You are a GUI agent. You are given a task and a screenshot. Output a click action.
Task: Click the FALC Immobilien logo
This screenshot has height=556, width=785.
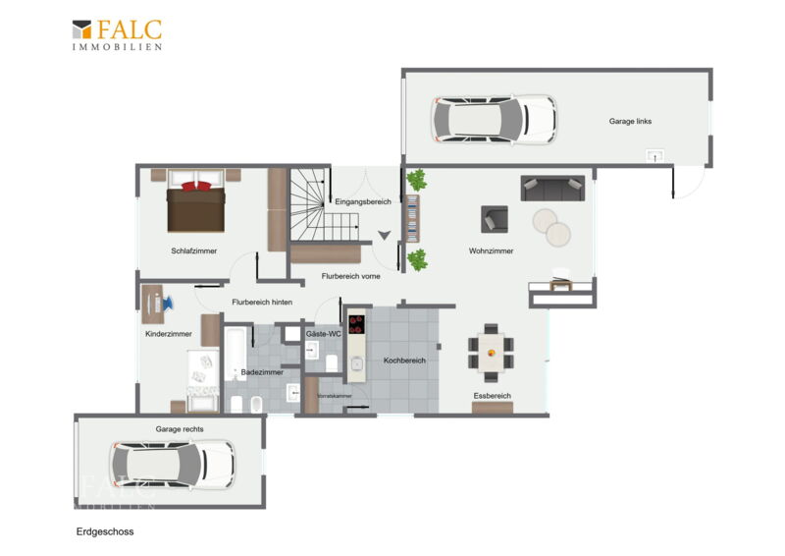[x=117, y=34]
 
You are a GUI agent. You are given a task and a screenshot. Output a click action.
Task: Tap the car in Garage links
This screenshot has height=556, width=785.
[x=494, y=119]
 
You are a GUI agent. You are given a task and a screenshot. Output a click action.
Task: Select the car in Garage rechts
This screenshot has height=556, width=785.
[x=173, y=465]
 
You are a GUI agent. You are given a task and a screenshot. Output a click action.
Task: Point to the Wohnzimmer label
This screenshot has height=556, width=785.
[x=492, y=250]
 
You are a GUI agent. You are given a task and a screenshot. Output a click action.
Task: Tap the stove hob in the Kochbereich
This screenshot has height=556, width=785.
[x=356, y=324]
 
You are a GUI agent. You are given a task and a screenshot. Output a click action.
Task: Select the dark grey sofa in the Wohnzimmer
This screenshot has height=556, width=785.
[x=552, y=188]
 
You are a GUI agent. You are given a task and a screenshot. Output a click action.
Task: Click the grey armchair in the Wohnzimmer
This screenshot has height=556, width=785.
[x=495, y=219]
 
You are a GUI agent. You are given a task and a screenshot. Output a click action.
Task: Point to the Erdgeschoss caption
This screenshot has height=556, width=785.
[x=105, y=531]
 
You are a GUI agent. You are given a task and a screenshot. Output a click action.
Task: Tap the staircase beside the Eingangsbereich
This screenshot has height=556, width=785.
[x=324, y=204]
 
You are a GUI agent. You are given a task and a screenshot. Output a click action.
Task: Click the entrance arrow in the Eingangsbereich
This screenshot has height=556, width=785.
[x=384, y=235]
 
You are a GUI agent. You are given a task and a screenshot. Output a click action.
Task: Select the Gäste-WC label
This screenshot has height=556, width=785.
[x=324, y=334]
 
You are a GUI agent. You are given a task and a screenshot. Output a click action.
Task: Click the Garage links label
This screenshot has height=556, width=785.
[x=630, y=121]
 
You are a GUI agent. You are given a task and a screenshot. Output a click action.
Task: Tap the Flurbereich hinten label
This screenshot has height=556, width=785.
[x=262, y=302]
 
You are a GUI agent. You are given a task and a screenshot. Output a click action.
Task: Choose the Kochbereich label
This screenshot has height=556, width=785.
[x=404, y=360]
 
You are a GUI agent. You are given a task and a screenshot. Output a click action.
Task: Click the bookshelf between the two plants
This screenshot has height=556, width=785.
[x=412, y=219]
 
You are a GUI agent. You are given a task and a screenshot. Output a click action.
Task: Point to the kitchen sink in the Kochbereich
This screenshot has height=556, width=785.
[x=356, y=364]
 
